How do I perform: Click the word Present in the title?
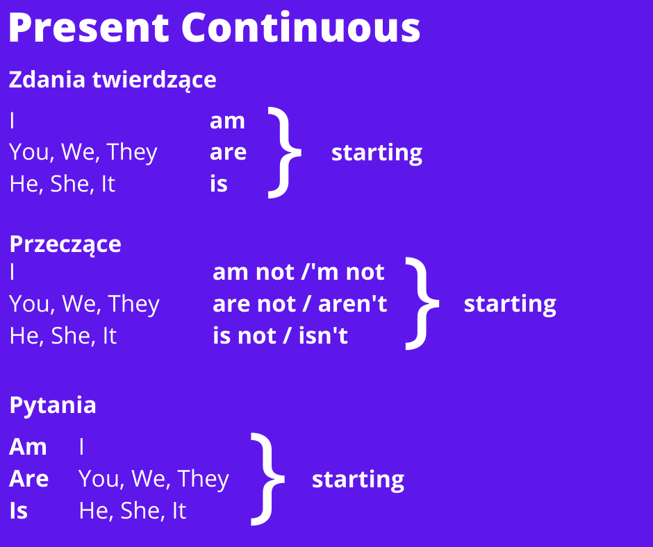click(x=89, y=28)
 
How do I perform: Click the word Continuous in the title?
click(x=301, y=28)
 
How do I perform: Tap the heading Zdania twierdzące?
click(x=113, y=80)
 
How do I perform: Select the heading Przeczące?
click(x=65, y=244)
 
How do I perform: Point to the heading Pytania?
click(x=53, y=405)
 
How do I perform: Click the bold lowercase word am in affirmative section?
click(x=227, y=121)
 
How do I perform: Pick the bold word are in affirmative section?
click(x=229, y=152)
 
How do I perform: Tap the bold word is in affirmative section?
click(x=219, y=183)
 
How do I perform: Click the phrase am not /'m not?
click(x=299, y=272)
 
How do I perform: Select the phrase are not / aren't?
click(x=300, y=304)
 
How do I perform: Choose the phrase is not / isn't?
click(x=280, y=335)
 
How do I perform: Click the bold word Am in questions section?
click(x=28, y=446)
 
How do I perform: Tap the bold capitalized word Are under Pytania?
click(x=28, y=479)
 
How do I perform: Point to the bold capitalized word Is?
click(x=18, y=510)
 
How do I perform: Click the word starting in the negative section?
click(x=510, y=305)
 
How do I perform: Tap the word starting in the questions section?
click(x=358, y=480)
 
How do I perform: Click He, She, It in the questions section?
click(x=133, y=511)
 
